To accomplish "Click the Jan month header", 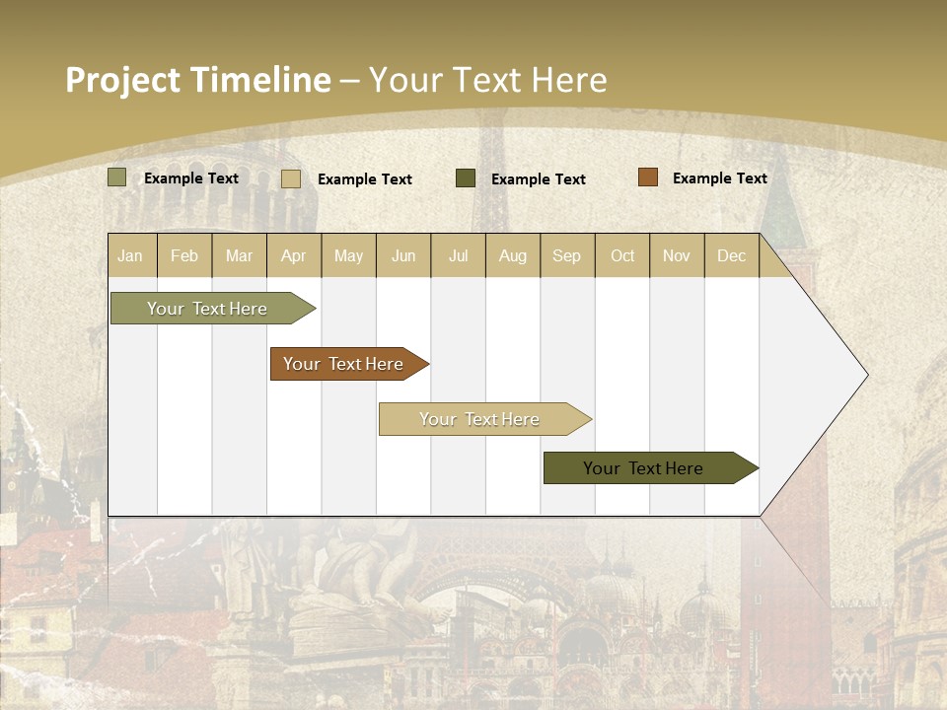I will (131, 255).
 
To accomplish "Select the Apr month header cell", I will (294, 255).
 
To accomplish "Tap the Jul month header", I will (458, 255).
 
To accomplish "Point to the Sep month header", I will (567, 255).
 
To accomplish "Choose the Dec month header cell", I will (731, 255).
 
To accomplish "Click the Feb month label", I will (184, 255).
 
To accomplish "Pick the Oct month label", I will (622, 255).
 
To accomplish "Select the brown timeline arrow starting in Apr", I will (345, 364).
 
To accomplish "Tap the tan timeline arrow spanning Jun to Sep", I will (481, 419).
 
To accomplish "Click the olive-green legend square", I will (117, 177).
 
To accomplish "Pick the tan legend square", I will (291, 178).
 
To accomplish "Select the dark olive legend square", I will (466, 178).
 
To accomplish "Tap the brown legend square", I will (647, 177).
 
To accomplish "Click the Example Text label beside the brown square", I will (719, 178).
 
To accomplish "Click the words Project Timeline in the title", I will (197, 80).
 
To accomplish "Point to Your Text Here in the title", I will (487, 80).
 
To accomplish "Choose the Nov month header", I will (677, 255).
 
